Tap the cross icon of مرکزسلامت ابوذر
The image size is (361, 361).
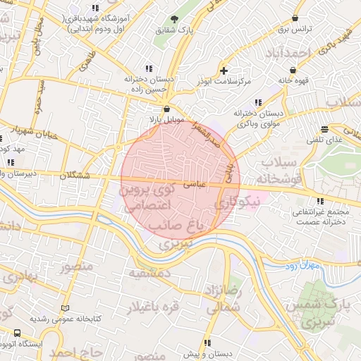click(224, 70)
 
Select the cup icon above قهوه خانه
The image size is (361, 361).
click(293, 70)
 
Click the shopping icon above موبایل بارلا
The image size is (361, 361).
click(166, 109)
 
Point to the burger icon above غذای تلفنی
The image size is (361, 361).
click(324, 129)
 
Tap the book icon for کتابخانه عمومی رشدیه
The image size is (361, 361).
click(66, 308)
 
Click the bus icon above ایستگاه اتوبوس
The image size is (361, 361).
click(17, 333)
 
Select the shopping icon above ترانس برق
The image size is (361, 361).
click(295, 18)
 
